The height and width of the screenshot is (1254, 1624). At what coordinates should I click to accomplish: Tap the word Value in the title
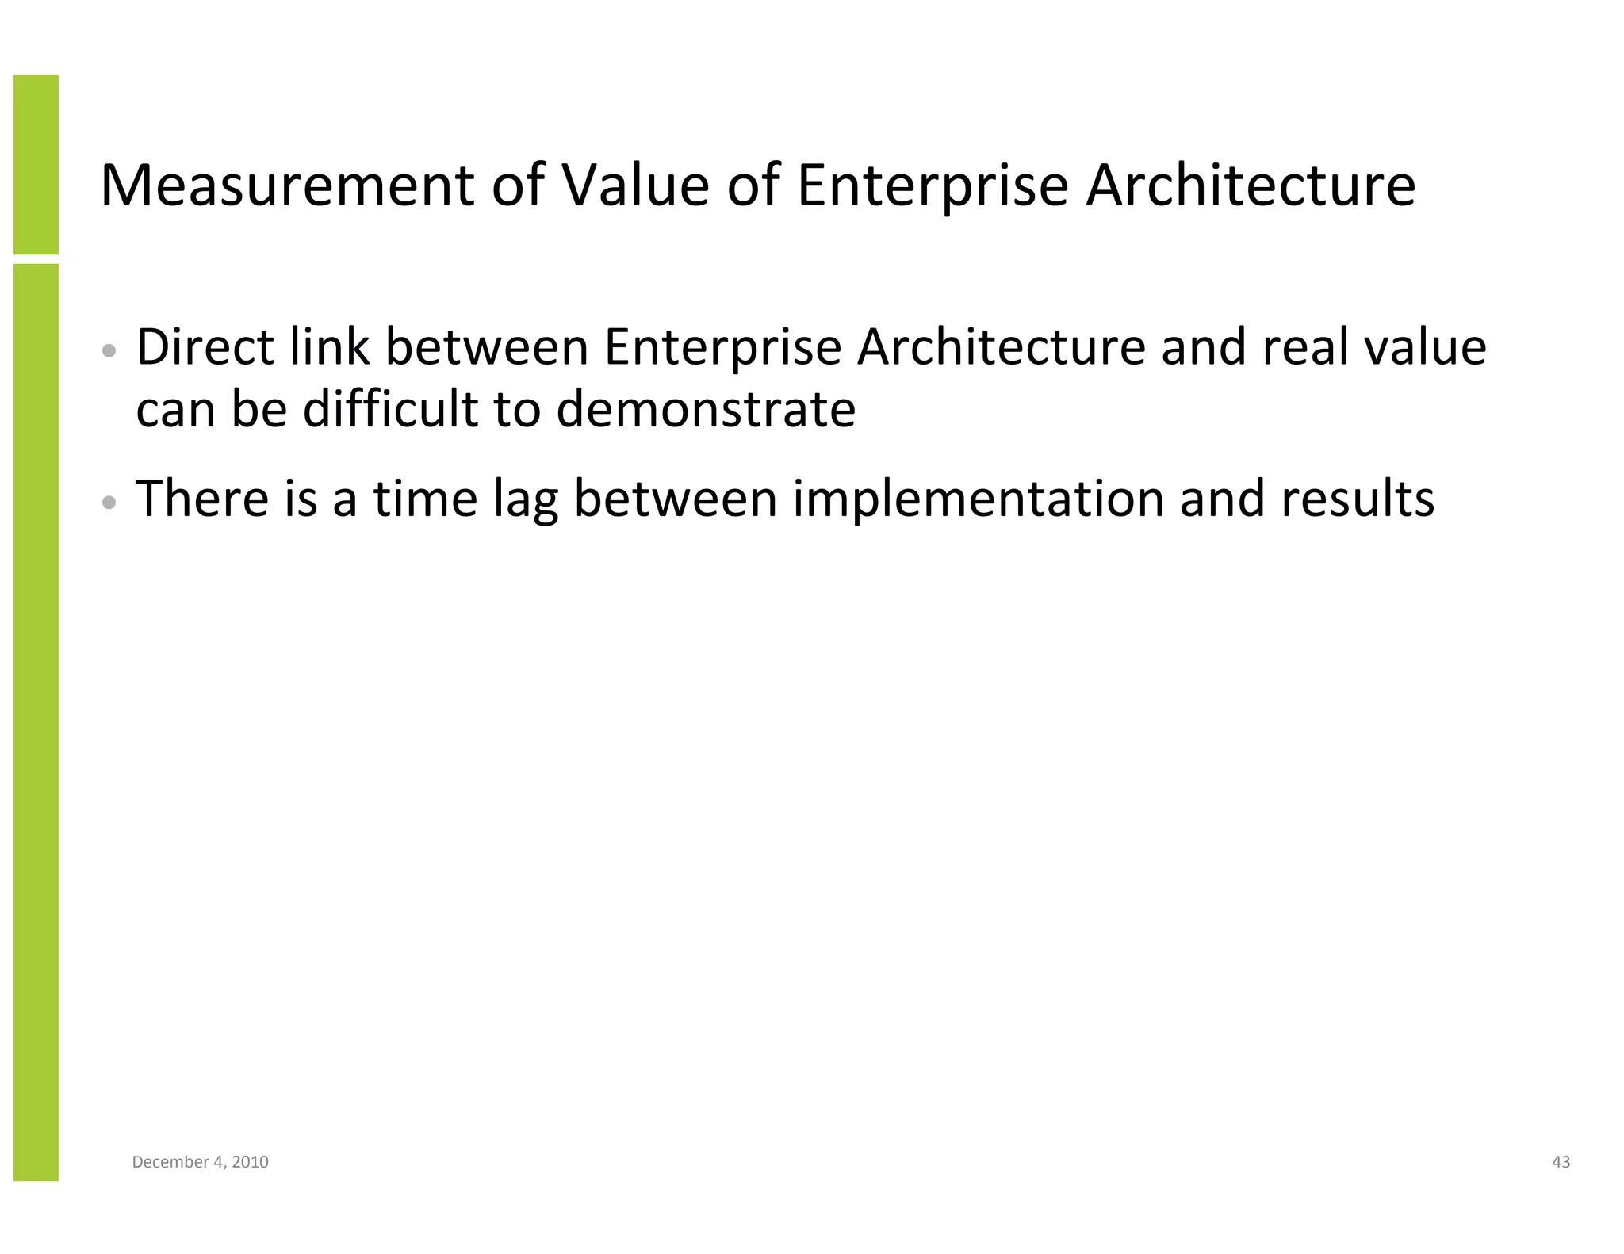635,185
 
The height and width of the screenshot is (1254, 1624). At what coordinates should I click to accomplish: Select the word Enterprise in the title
933,187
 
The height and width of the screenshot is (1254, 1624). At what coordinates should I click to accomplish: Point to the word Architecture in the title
1251,185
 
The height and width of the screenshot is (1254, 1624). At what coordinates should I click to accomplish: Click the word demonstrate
706,410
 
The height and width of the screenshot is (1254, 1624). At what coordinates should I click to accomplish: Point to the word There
202,499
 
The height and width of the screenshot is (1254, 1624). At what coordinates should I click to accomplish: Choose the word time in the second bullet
425,499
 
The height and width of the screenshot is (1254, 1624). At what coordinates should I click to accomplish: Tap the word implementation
979,500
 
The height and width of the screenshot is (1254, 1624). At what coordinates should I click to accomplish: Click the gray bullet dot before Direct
109,350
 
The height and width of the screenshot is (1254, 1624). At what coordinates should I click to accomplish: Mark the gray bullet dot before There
109,502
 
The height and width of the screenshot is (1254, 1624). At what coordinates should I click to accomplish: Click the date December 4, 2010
200,1161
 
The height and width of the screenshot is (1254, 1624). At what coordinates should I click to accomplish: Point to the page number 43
1561,1161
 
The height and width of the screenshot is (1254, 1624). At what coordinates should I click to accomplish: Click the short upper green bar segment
36,164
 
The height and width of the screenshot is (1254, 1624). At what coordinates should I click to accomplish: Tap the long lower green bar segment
36,721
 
